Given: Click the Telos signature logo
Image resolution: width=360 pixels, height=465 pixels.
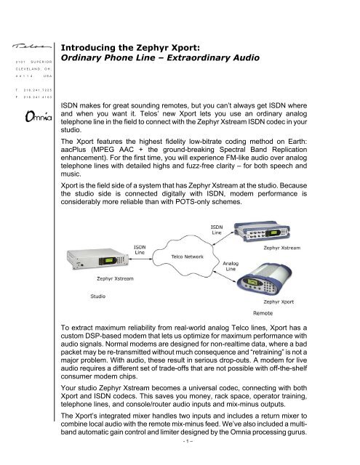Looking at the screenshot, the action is tap(31, 46).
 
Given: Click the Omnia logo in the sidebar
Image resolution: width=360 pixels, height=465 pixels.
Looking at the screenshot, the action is tap(39, 116).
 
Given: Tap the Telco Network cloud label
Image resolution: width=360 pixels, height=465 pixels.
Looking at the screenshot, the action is tap(187, 256).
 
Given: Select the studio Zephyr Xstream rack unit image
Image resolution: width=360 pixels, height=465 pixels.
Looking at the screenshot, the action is tap(97, 259).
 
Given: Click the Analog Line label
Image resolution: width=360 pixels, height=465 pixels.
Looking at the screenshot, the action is tap(231, 266).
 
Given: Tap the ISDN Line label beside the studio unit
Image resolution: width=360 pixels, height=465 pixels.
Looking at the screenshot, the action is tap(140, 250).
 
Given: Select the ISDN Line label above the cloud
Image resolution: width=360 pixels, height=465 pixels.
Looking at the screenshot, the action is tap(217, 230).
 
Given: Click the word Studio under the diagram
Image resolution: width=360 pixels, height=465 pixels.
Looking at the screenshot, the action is tap(98, 296).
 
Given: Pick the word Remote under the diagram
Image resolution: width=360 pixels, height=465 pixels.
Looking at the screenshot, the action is tap(263, 313).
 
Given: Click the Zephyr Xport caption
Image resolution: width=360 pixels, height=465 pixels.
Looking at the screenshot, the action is tap(279, 302).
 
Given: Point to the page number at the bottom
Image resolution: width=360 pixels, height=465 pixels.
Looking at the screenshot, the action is tap(188, 441).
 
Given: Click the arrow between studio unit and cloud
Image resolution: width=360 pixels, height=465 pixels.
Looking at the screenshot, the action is tap(140, 259).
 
